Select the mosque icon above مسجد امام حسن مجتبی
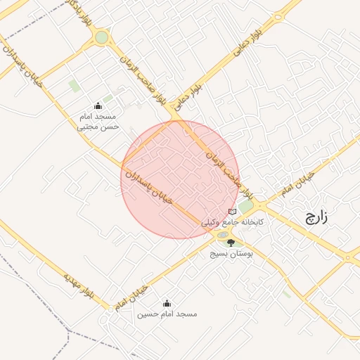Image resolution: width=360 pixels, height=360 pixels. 98,106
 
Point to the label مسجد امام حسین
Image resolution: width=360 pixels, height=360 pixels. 167,314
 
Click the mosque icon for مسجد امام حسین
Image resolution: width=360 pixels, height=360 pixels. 167,304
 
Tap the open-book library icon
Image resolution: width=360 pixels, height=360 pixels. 233,212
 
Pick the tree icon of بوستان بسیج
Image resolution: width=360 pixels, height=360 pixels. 231,242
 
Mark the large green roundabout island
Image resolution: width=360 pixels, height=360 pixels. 102,37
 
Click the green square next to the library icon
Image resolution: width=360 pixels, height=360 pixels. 245,207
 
